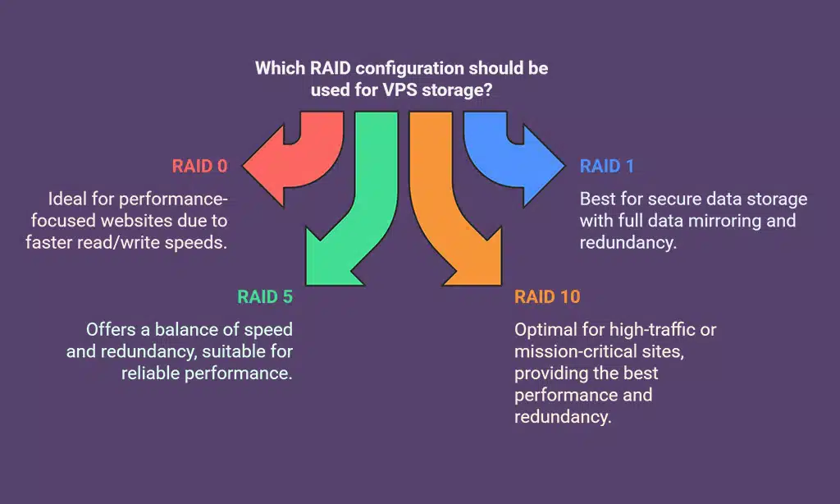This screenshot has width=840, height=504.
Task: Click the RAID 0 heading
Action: pos(199,167)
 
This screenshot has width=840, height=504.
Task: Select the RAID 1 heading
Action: pos(606,167)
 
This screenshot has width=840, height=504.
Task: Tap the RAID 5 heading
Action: pos(264,297)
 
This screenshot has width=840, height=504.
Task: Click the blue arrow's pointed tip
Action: pos(564,167)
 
